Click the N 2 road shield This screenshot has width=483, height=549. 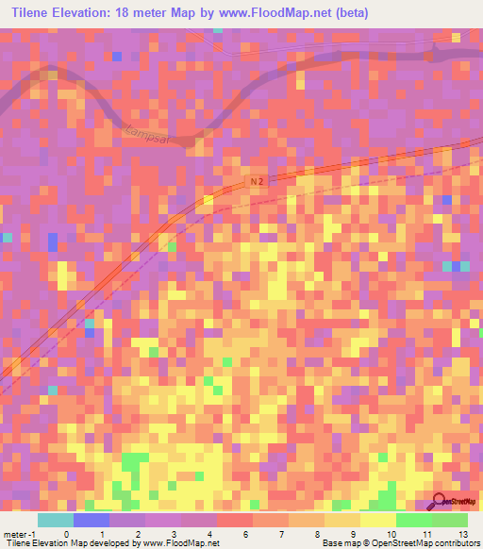(258, 179)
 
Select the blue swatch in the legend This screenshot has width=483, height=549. (91, 520)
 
